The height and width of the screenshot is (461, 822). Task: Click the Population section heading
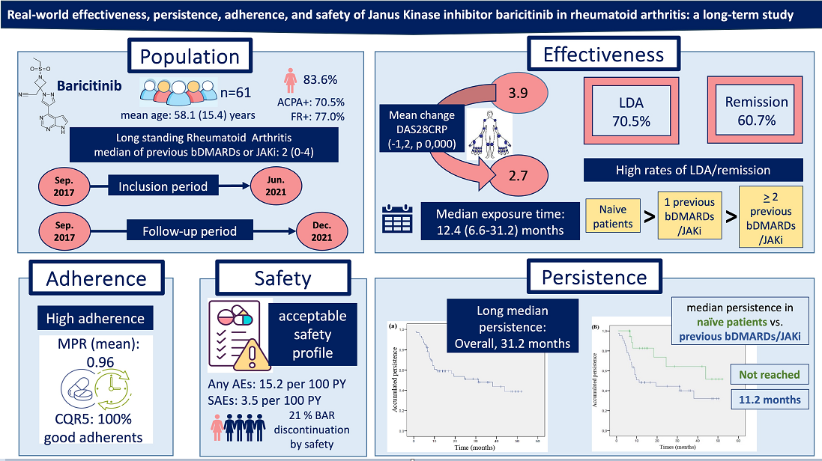click(189, 57)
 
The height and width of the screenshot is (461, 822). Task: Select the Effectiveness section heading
click(603, 55)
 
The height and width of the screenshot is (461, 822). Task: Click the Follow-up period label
click(184, 231)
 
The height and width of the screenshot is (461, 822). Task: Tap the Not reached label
click(768, 375)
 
